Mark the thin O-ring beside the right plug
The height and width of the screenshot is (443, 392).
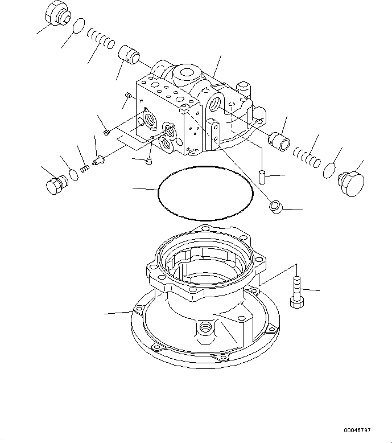click(x=329, y=170)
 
